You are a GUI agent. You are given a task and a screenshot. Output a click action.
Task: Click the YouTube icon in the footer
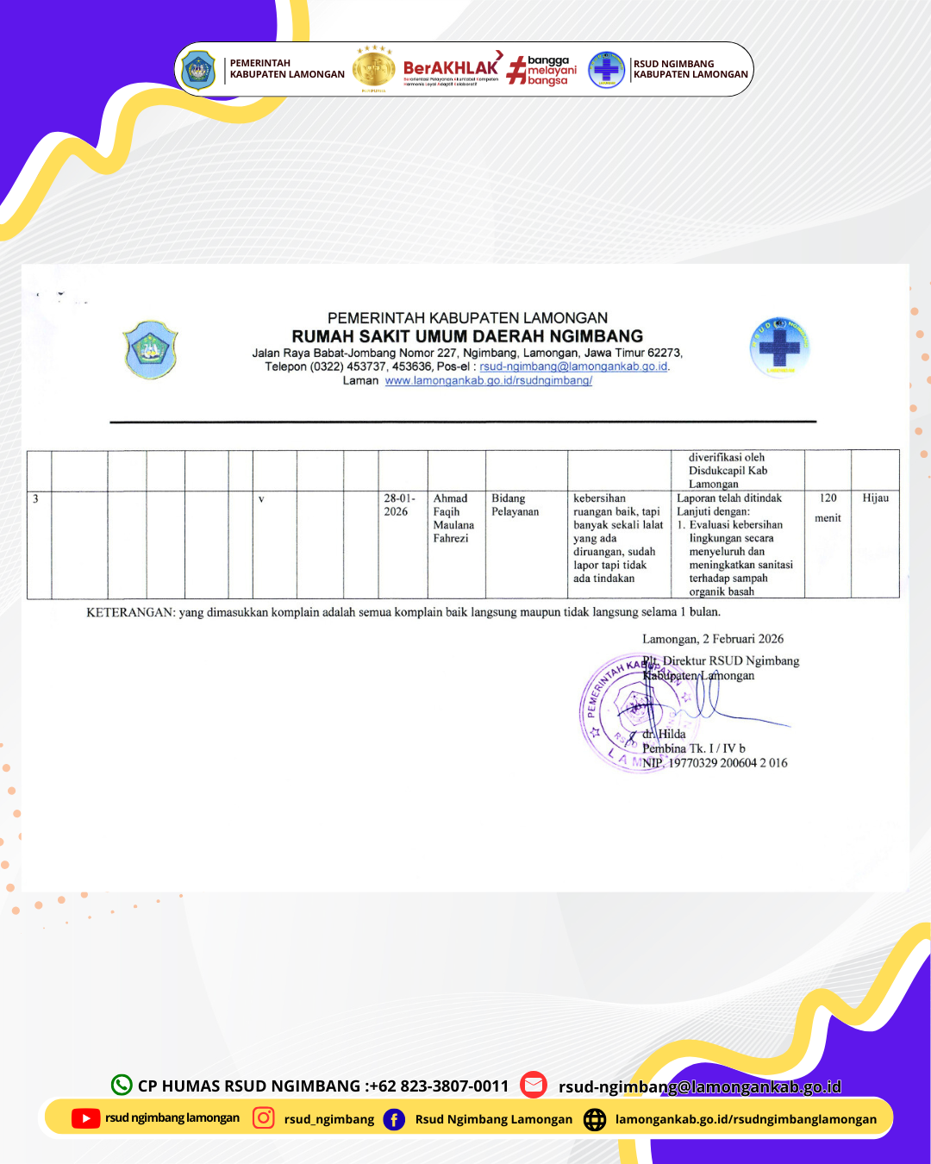[85, 1118]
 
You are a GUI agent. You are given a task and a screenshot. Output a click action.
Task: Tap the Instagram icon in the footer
[264, 1118]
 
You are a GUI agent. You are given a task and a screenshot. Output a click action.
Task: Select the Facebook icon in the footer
[394, 1119]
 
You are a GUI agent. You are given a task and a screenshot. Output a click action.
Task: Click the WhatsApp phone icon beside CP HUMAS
[122, 1085]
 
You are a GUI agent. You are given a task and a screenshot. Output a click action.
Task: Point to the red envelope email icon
[534, 1085]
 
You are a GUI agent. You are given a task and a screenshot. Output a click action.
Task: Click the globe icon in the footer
[595, 1119]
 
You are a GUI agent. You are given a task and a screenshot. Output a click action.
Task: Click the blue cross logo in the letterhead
[779, 347]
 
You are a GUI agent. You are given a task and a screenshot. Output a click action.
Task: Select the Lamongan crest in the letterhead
[151, 349]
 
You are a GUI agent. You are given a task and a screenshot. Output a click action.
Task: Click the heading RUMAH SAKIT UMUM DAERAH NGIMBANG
[467, 336]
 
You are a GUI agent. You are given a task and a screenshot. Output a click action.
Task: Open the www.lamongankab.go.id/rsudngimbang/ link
[488, 380]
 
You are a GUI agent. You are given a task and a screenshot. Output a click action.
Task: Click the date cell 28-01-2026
[400, 505]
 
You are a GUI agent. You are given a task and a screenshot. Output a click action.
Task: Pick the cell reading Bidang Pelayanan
[515, 505]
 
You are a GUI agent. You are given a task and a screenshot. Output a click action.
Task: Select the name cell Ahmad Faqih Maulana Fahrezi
[453, 518]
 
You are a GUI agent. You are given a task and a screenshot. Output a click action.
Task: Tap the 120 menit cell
[828, 508]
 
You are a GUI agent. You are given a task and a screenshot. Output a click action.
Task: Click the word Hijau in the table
[875, 498]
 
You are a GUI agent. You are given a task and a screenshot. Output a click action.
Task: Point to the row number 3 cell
[35, 499]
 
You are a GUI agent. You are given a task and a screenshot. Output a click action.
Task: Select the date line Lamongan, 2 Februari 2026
[713, 639]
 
